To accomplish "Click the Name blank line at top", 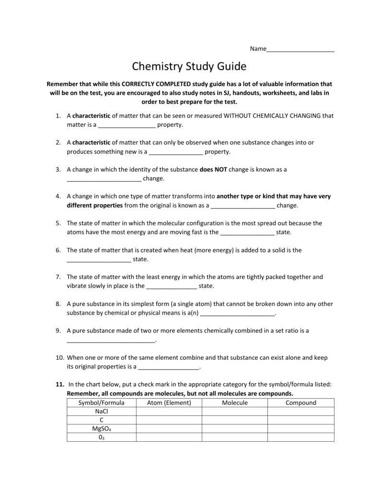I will [300, 50].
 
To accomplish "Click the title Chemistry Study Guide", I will [189, 66].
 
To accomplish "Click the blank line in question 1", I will [127, 126].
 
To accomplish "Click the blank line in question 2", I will [176, 153].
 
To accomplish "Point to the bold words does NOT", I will [213, 169].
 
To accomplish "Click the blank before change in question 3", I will [103, 179].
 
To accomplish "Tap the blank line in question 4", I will [243, 206].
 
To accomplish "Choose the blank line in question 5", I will [247, 233].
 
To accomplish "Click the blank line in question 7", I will [171, 287].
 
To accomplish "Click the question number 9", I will [57, 331].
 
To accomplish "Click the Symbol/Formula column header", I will [101, 403].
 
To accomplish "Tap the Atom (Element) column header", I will [169, 403].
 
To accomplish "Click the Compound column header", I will [301, 403].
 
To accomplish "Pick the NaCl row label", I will [101, 412].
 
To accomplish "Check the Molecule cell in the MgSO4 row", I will [235, 429].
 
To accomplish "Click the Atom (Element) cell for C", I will [169, 420].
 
